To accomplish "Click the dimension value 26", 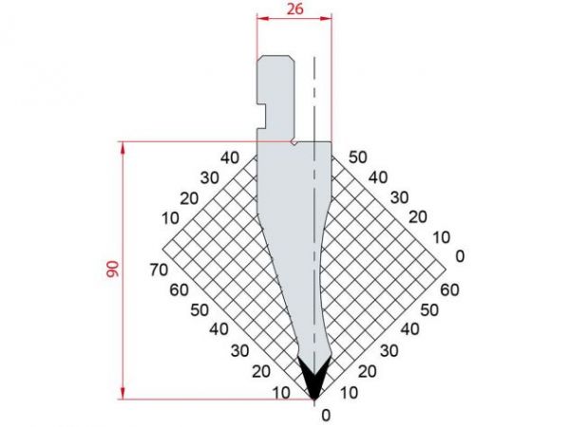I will tap(294, 9).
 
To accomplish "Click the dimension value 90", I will tap(113, 270).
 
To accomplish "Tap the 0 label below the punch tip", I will tap(326, 414).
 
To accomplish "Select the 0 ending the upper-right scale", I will tap(460, 255).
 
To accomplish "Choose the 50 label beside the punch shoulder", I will tap(358, 157).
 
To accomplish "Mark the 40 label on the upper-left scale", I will tap(228, 157).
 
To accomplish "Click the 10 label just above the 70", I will tap(171, 219).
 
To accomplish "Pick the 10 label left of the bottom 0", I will tap(281, 393).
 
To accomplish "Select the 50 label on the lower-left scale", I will tap(199, 309).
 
